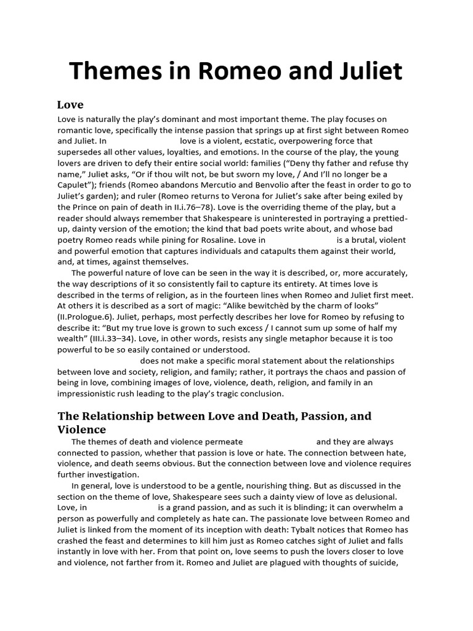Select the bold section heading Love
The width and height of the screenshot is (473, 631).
[x=70, y=104]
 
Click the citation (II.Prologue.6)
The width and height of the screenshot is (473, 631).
[x=92, y=317]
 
